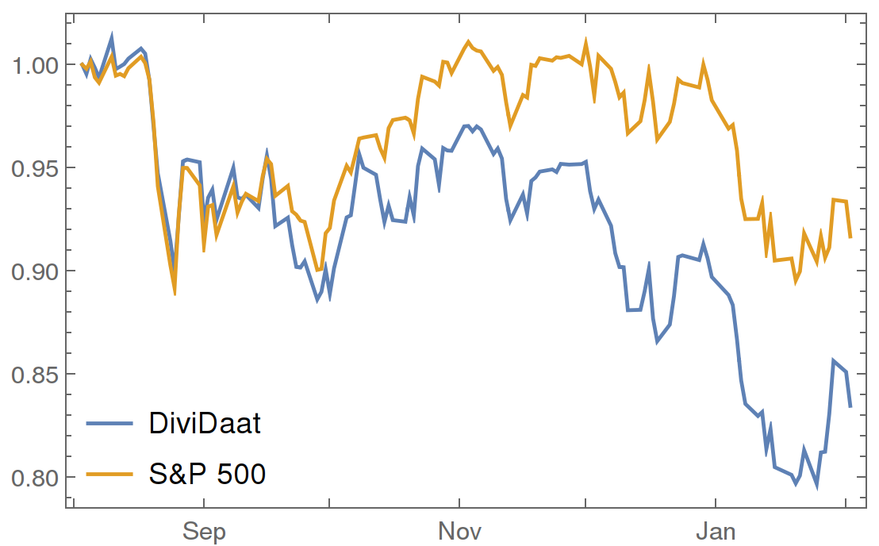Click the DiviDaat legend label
[205, 423]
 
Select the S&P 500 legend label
[207, 474]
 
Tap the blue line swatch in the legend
[109, 423]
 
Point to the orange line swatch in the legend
[109, 475]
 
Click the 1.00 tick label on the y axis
[36, 65]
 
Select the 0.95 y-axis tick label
[36, 168]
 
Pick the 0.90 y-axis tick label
[36, 271]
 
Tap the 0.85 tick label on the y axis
[36, 375]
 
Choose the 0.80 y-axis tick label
[36, 478]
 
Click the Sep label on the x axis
[204, 531]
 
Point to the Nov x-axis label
[459, 530]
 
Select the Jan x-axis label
[716, 530]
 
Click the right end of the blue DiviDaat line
[850, 407]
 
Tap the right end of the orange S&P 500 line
[850, 237]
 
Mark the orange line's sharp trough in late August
[175, 294]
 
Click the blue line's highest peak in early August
[112, 37]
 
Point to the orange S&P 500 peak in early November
[468, 41]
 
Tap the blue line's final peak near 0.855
[834, 360]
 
